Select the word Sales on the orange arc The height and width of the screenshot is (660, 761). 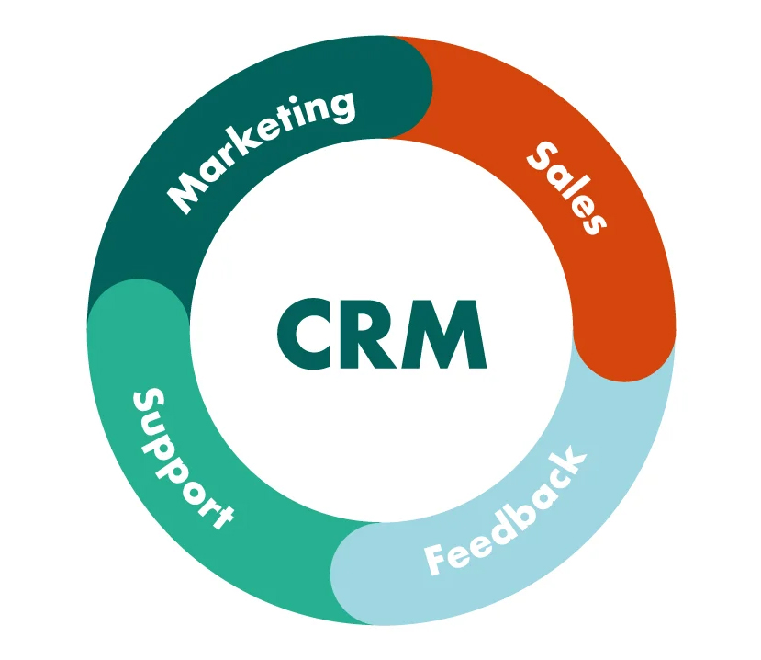pyautogui.click(x=566, y=188)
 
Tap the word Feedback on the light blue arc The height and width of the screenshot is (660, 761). pyautogui.click(x=505, y=510)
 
